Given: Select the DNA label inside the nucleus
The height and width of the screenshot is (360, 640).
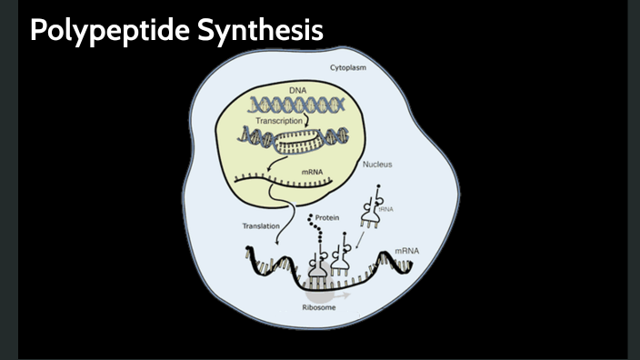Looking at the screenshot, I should [298, 91].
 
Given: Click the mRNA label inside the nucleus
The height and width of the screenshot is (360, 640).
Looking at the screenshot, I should [311, 170].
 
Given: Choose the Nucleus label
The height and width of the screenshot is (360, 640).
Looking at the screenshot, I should [377, 165].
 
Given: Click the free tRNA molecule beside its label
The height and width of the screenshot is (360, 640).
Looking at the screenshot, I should [373, 208].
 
